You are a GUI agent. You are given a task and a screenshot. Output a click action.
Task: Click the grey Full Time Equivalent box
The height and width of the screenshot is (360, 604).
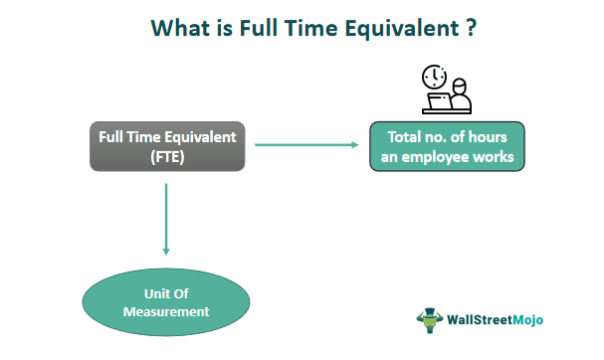tap(167, 145)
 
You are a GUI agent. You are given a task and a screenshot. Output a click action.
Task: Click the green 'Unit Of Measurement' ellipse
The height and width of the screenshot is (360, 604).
tap(166, 303)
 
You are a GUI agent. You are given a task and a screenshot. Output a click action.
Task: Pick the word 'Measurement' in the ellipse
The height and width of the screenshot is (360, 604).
tap(166, 312)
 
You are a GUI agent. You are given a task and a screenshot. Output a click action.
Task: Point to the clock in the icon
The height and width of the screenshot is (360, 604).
tap(433, 77)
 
